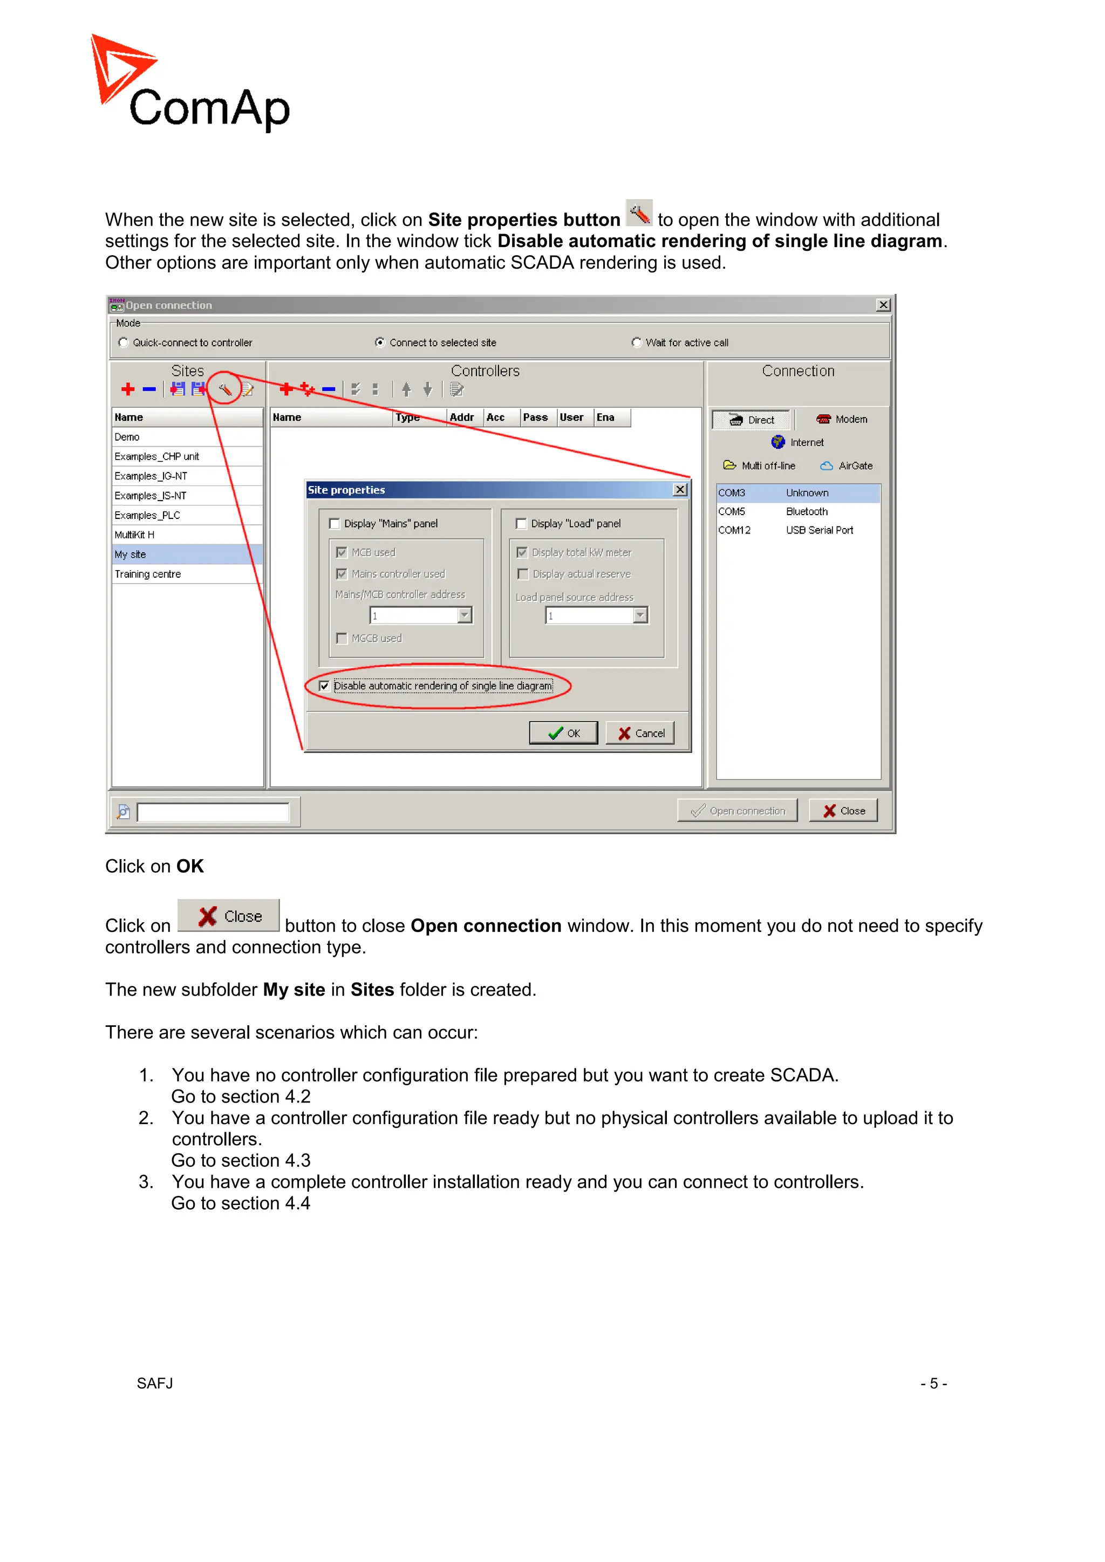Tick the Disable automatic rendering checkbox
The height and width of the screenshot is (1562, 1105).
pyautogui.click(x=325, y=686)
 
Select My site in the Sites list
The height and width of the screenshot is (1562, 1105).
pyautogui.click(x=131, y=554)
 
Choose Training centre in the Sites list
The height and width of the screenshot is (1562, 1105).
pyautogui.click(x=148, y=574)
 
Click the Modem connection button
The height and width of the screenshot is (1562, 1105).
pyautogui.click(x=842, y=419)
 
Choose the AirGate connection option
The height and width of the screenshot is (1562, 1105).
pyautogui.click(x=847, y=466)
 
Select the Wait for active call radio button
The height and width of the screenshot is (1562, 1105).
pyautogui.click(x=636, y=342)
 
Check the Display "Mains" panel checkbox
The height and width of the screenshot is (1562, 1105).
pyautogui.click(x=334, y=523)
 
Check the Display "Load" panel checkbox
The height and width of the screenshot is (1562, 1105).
pyautogui.click(x=521, y=523)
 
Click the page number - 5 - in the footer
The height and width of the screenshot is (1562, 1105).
pyautogui.click(x=933, y=1383)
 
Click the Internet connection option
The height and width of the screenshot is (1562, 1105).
pyautogui.click(x=797, y=442)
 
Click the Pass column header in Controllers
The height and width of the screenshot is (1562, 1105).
pyautogui.click(x=535, y=417)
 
